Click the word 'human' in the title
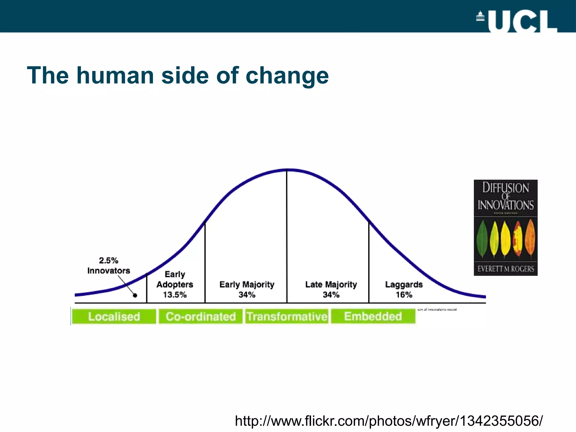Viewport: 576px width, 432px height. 115,75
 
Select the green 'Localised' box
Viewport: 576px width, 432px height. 114,316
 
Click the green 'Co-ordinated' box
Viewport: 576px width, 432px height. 201,316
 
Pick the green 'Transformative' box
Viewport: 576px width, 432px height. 287,316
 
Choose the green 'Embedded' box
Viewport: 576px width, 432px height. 373,316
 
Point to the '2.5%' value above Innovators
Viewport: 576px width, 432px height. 109,260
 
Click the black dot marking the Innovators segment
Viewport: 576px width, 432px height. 135,295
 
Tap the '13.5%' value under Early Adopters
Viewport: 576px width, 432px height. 175,295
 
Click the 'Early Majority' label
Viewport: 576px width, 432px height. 247,284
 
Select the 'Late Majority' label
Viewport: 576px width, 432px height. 331,284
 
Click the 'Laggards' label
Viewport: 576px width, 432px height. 404,284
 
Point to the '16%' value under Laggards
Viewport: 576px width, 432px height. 404,295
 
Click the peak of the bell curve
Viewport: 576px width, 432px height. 287,170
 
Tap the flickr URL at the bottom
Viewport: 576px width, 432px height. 389,421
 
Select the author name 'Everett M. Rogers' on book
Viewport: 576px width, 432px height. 506,269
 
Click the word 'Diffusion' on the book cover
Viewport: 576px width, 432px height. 506,188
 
